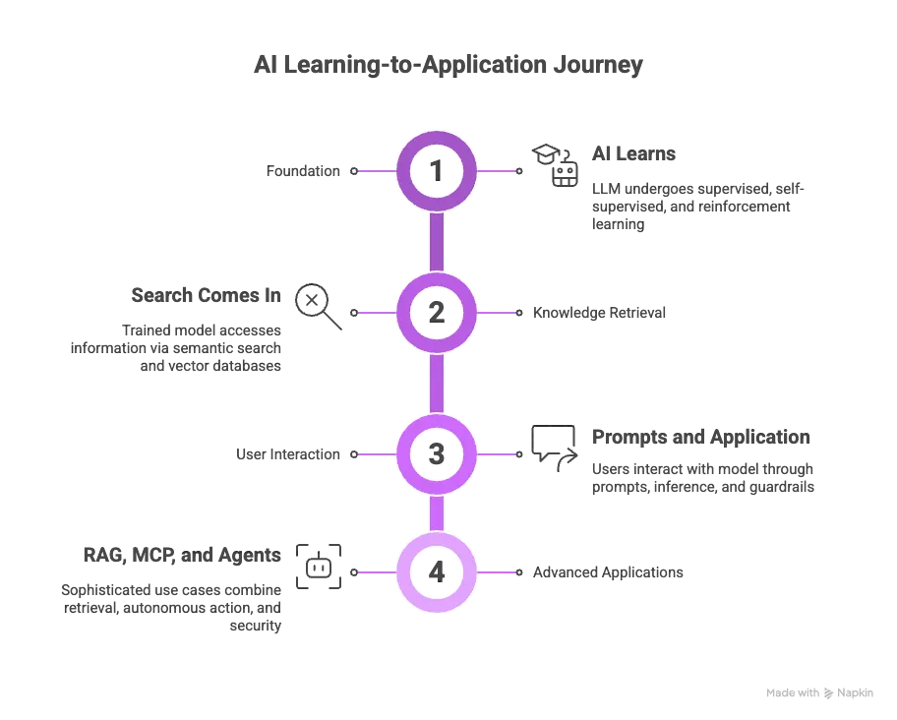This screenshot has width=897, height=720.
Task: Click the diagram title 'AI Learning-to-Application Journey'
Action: point(448,65)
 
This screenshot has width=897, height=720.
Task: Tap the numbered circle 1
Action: point(437,171)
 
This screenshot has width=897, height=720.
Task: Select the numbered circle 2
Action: point(437,313)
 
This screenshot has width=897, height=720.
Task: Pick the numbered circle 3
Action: point(437,454)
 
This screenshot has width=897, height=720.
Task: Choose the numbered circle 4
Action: point(437,571)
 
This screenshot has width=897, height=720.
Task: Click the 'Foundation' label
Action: point(303,171)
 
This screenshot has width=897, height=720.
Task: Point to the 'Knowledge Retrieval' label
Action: point(599,313)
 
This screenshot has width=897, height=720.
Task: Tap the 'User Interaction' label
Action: point(288,454)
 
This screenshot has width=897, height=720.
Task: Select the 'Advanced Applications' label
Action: point(608,571)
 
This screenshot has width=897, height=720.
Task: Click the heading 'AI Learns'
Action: point(633,154)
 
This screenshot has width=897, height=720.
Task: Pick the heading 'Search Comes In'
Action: point(207,295)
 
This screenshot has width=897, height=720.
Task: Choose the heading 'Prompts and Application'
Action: point(700,437)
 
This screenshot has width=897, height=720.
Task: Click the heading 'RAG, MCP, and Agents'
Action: point(182,555)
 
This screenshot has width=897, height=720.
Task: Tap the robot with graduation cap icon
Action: point(556,165)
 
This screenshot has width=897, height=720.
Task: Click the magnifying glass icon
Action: point(319,306)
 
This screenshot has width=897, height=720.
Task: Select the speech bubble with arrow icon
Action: point(554,445)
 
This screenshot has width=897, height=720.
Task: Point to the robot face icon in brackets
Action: point(319,567)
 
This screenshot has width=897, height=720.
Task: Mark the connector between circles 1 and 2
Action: point(437,242)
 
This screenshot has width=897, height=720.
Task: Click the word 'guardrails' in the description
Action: point(781,486)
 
